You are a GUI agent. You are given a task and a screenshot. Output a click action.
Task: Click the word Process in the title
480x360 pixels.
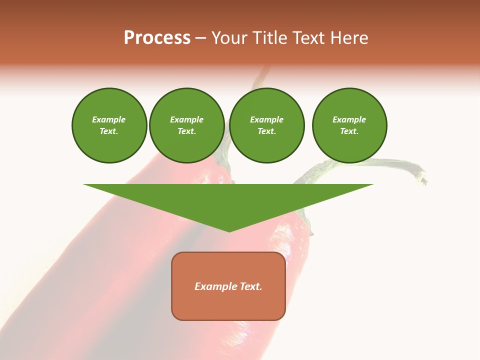157,38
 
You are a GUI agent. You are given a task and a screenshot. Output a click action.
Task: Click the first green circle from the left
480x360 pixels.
109,125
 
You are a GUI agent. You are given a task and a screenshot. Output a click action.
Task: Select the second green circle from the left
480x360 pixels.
187,125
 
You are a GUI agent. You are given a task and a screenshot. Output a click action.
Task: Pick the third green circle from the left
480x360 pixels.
267,125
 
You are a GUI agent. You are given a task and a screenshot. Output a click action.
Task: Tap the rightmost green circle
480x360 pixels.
349,125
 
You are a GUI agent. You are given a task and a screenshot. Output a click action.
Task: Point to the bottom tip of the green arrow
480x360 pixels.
229,230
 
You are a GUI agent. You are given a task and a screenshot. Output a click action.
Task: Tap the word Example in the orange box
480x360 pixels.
216,286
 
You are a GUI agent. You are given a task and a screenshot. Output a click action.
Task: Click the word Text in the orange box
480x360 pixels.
251,286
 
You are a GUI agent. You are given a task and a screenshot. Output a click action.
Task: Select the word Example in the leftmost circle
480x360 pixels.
109,119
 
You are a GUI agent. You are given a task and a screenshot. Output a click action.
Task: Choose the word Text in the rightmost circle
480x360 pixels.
348,131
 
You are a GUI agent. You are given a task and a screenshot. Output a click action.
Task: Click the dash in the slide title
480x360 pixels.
201,38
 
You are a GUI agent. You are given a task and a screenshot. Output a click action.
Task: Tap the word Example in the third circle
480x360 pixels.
267,119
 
